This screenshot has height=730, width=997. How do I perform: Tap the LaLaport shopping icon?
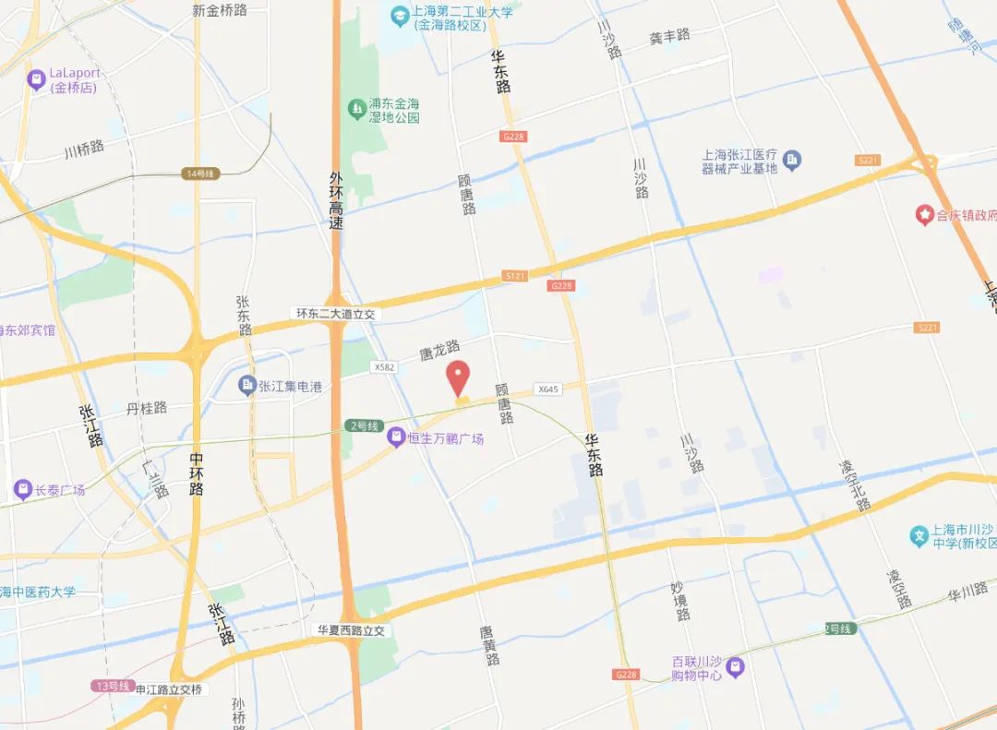[x=37, y=80]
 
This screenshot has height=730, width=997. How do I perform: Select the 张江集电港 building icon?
[x=246, y=386]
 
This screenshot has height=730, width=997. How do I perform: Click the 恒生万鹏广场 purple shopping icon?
[x=395, y=437]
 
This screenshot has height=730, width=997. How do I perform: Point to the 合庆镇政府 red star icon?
[x=924, y=215]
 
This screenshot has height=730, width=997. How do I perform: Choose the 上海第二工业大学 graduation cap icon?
[x=400, y=16]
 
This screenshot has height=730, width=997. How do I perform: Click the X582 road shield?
[x=383, y=366]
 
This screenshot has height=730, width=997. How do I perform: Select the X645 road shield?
[x=548, y=389]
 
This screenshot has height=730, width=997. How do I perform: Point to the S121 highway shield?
[x=515, y=276]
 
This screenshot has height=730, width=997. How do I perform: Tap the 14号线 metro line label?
[x=199, y=174]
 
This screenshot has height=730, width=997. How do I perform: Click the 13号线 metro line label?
[x=108, y=686]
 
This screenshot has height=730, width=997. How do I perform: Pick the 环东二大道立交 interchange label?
[x=336, y=314]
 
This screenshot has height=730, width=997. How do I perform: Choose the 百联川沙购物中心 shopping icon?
[x=735, y=665]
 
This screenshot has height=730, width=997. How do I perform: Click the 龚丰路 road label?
[x=669, y=36]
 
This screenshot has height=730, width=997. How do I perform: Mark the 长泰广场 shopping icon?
[x=22, y=489]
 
